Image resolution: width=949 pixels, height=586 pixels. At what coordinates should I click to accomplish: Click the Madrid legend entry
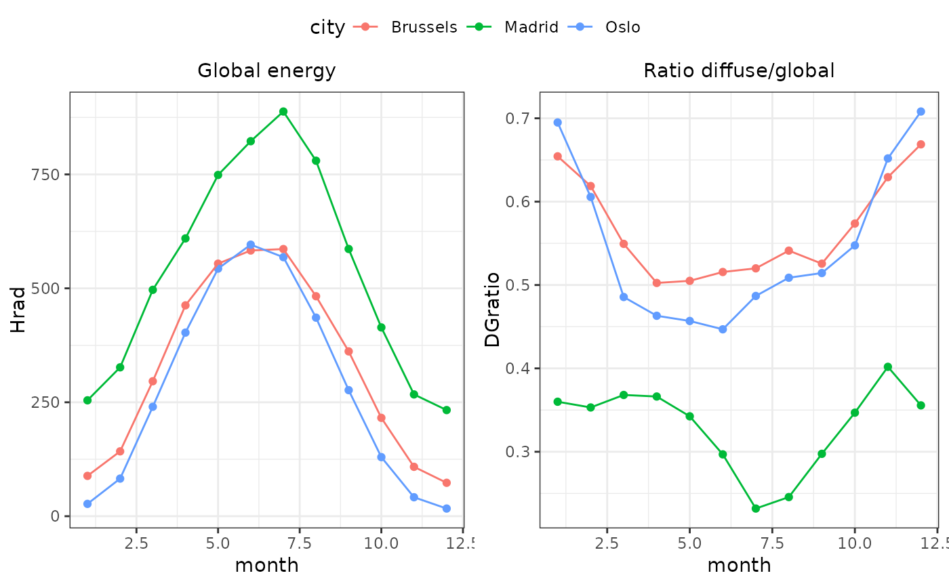531,27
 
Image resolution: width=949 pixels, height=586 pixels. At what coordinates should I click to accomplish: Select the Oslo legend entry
622,27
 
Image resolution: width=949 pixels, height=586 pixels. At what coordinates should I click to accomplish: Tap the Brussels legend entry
424,27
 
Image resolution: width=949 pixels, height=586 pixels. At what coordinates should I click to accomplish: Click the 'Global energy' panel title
266,70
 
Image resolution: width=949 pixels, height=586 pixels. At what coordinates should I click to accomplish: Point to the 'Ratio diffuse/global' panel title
739,70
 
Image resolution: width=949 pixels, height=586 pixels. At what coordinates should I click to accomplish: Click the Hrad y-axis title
18,310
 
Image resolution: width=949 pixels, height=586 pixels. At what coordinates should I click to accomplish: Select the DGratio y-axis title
492,310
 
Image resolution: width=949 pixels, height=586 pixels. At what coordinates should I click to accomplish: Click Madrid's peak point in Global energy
283,112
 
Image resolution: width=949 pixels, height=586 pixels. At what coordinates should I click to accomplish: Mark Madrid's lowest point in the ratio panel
756,508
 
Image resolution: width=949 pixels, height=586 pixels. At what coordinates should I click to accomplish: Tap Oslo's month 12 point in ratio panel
921,112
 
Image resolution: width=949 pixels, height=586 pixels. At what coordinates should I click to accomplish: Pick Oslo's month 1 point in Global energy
87,504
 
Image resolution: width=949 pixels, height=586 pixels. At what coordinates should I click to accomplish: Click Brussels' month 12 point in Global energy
446,483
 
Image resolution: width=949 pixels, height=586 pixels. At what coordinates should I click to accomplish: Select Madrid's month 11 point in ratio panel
887,367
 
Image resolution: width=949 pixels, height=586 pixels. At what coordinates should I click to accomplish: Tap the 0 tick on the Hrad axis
56,516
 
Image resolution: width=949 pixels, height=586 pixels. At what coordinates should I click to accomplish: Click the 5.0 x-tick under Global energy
218,543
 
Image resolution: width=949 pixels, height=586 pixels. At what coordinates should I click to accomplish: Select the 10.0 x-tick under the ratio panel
855,543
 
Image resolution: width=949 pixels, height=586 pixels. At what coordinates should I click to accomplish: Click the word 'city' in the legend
327,27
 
